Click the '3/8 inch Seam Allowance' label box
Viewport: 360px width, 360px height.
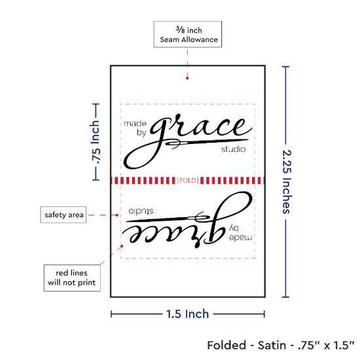coord(188,34)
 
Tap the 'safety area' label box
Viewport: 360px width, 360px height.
coord(63,215)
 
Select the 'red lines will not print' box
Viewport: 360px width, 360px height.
coord(72,278)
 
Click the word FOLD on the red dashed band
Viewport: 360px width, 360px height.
coord(188,181)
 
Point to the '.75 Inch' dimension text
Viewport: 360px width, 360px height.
coord(95,142)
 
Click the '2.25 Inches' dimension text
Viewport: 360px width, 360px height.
coord(287,181)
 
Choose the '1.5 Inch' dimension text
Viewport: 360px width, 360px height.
coord(187,314)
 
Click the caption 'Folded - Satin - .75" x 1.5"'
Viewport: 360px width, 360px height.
coord(281,345)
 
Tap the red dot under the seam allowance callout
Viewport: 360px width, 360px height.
coord(187,79)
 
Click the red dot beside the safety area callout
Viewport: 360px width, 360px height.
coord(117,215)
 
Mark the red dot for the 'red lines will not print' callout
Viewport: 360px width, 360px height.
coord(122,246)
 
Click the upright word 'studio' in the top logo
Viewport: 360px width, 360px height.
coord(234,149)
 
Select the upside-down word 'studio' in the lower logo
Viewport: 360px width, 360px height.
coord(141,211)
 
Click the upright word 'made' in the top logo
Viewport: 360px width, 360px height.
coord(135,124)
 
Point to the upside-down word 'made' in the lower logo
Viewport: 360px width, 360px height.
coord(240,238)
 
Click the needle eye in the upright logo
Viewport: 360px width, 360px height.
coord(174,143)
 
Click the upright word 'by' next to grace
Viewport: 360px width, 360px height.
coord(141,133)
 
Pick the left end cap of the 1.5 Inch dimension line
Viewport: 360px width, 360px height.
coord(111,314)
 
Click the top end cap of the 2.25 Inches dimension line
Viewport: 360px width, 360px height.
coord(285,67)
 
